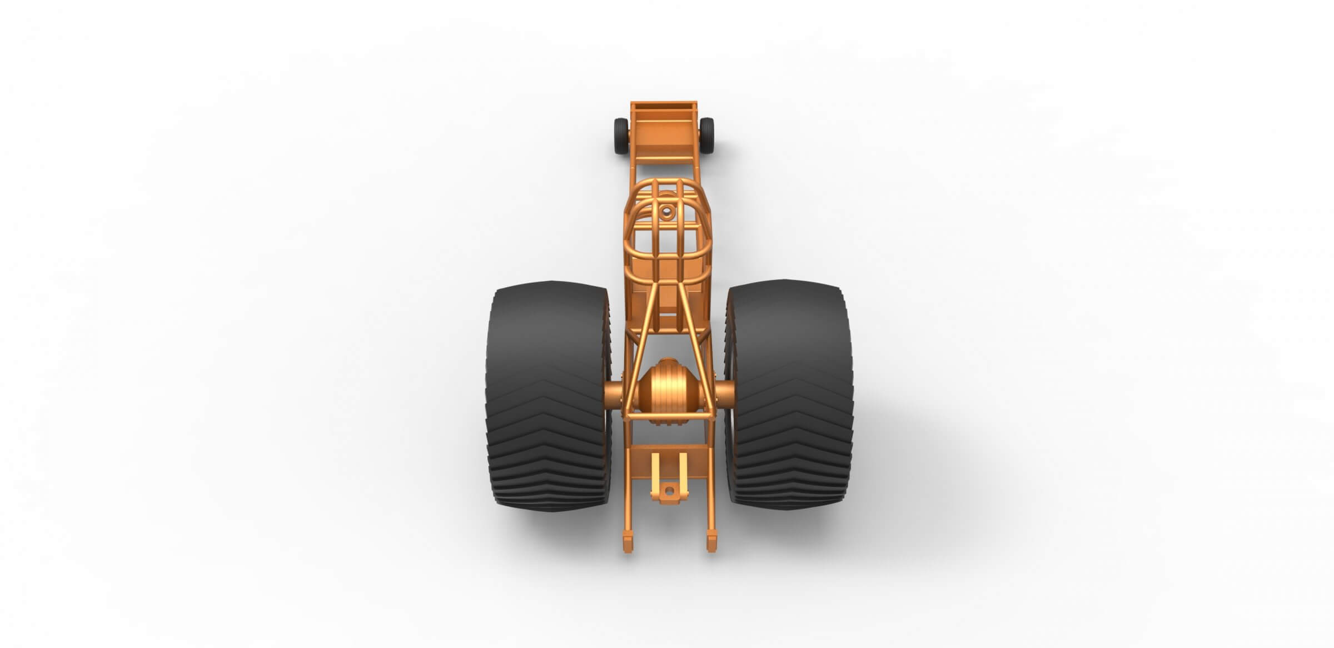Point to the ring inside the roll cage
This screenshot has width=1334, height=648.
tap(666, 212)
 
